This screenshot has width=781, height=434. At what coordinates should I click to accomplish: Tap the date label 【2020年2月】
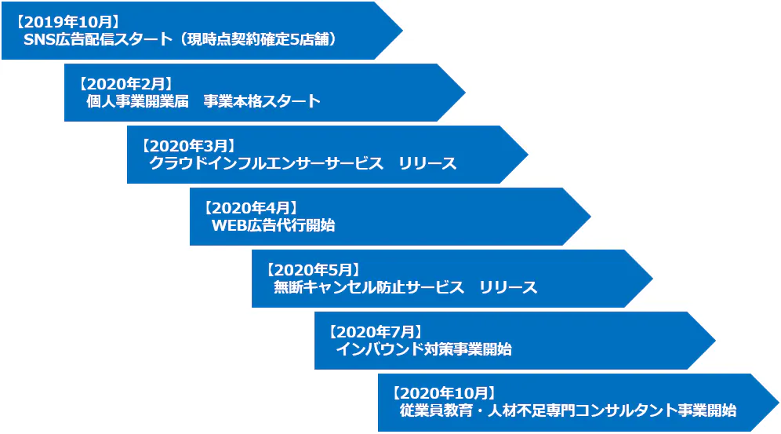click(125, 82)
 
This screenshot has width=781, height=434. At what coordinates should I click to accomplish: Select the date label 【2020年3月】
click(188, 144)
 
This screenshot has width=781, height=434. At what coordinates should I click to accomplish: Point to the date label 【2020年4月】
click(251, 206)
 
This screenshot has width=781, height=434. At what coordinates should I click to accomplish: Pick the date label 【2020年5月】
click(313, 268)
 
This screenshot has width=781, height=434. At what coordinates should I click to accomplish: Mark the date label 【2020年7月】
click(376, 330)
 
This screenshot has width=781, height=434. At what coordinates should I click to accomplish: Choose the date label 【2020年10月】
click(444, 392)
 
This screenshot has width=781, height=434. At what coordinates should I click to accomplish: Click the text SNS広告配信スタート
click(97, 39)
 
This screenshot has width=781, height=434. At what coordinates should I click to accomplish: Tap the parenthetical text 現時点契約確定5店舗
click(259, 39)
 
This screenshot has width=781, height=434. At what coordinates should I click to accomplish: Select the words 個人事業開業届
click(137, 101)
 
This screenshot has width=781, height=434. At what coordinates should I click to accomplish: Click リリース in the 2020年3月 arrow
click(427, 163)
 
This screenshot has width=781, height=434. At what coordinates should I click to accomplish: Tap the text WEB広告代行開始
click(274, 225)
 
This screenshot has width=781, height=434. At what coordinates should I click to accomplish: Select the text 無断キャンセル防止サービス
click(369, 287)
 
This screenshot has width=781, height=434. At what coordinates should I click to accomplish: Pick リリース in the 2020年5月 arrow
click(509, 287)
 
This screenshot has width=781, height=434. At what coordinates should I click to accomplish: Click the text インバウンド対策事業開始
click(423, 349)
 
